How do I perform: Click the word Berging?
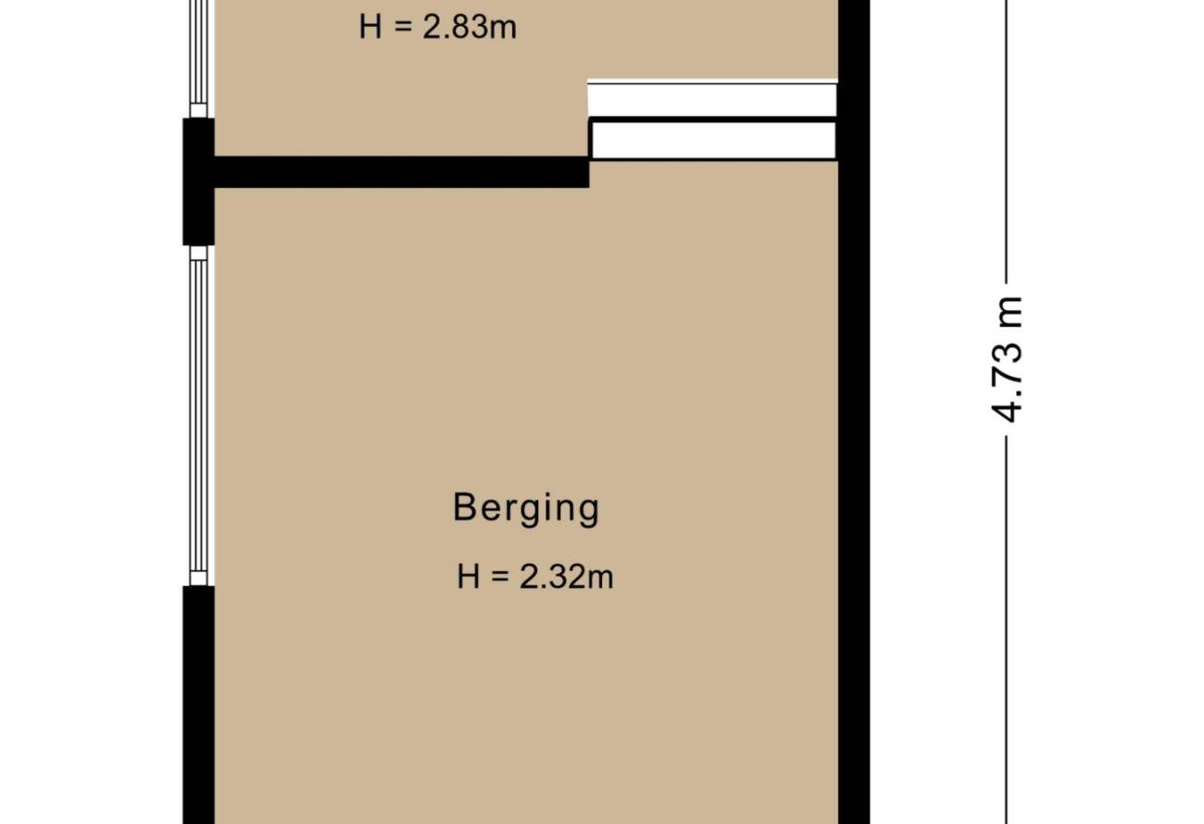(x=526, y=509)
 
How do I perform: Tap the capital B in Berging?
(x=464, y=506)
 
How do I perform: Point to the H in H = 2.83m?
(x=370, y=27)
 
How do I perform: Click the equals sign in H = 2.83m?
(x=402, y=28)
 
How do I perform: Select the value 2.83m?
(x=470, y=27)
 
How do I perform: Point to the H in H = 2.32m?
(x=468, y=577)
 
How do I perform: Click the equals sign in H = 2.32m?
(x=500, y=578)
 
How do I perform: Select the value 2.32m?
(x=566, y=577)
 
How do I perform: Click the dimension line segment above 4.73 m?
(x=1006, y=142)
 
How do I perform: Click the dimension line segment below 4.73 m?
(x=1006, y=630)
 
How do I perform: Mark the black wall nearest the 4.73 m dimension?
(x=854, y=412)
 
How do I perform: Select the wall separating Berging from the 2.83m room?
(x=402, y=172)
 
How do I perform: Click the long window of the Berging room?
(x=198, y=415)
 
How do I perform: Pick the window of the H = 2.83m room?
(x=198, y=58)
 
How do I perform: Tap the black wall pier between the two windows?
(x=198, y=181)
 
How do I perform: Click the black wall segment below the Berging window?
(x=198, y=705)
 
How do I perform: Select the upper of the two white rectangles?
(x=712, y=99)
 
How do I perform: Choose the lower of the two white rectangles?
(x=714, y=140)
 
